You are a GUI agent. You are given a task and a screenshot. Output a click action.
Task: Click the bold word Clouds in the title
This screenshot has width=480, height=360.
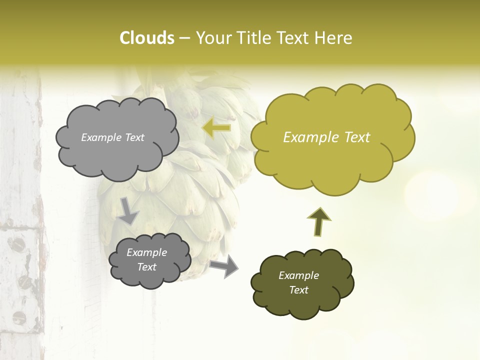point(147,38)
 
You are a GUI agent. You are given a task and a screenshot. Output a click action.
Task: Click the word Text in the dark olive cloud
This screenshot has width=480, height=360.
point(298,290)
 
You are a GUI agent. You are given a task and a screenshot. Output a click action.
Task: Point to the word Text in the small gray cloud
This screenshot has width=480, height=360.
point(146,267)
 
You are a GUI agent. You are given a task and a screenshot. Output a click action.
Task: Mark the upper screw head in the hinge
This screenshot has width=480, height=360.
point(18,243)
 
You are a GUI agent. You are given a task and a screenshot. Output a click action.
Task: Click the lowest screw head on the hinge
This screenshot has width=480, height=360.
point(18,317)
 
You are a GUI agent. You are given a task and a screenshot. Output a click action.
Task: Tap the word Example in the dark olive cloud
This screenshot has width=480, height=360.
point(298,275)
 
